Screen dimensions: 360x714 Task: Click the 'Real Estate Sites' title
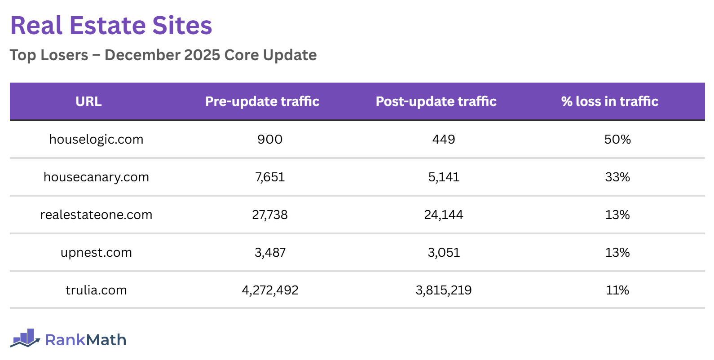(111, 26)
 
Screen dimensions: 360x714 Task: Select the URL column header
(88, 101)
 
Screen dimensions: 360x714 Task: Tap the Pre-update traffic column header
(262, 101)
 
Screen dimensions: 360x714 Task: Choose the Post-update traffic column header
(436, 101)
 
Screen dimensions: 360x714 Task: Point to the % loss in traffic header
(609, 101)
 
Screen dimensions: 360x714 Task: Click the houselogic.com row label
(96, 140)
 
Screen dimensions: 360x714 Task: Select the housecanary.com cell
(96, 177)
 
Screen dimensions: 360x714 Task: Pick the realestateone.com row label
(96, 215)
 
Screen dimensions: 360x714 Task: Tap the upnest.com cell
(96, 253)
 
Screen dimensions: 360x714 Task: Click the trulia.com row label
(96, 290)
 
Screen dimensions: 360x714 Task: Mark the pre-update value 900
(270, 140)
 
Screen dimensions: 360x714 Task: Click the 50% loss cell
(617, 140)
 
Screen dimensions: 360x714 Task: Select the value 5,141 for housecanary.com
(444, 177)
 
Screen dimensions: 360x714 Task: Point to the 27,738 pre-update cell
(270, 215)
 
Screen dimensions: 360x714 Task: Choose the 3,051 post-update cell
(444, 253)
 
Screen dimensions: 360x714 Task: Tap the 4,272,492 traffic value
(270, 290)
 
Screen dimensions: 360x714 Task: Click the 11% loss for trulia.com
(617, 290)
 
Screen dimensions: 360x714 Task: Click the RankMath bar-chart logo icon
(25, 338)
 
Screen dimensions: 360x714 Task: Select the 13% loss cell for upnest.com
(617, 253)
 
